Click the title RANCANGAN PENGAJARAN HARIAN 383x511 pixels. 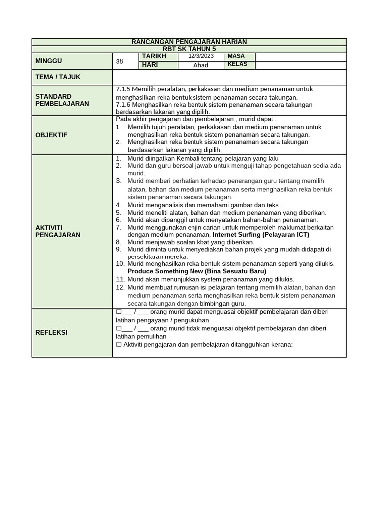coord(189,42)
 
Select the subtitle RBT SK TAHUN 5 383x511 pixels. coord(189,49)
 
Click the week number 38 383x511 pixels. coord(119,61)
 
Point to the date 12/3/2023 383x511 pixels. coord(201,56)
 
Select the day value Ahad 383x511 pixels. coord(201,65)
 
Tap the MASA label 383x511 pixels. coord(236,56)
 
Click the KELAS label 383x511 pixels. coord(237,65)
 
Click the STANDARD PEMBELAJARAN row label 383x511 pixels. coord(62,100)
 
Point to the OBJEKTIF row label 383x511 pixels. coord(51,135)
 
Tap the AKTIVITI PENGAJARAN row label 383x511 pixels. coord(58,231)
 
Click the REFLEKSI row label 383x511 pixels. coord(51,332)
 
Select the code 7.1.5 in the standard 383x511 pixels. coord(123,89)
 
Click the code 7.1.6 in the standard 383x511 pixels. coord(123,105)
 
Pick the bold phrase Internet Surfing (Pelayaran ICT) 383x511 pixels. coord(261,234)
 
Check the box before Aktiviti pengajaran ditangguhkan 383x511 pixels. coord(119,345)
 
